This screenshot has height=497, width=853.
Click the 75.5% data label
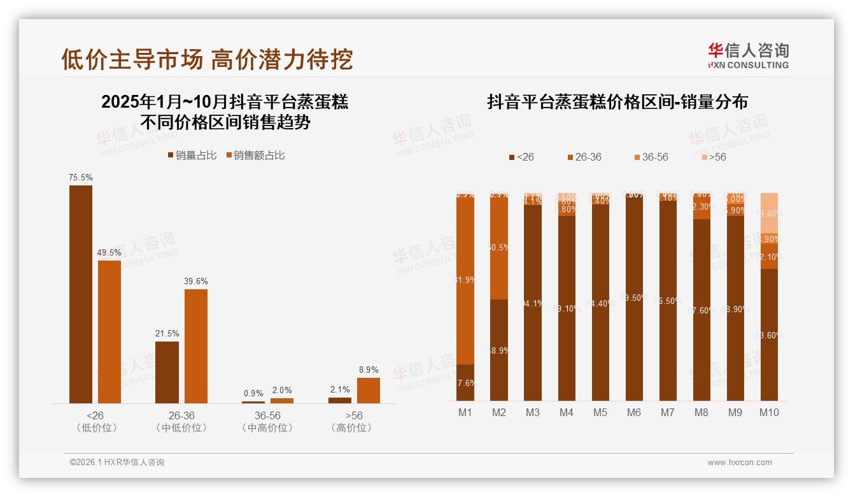pos(81,178)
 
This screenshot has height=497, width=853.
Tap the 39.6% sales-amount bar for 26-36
pos(196,346)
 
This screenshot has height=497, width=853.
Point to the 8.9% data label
pos(368,370)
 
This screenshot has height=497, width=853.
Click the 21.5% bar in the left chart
pos(167,372)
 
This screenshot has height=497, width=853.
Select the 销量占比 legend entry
pos(192,155)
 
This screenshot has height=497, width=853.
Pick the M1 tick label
pos(465,412)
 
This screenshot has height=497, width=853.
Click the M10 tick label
pos(769,412)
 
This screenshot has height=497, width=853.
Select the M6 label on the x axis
pos(633,412)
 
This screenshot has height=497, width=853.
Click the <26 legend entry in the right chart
pos(521,157)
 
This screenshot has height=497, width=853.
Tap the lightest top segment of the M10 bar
pos(769,213)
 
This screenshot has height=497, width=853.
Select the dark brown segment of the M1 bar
pos(465,382)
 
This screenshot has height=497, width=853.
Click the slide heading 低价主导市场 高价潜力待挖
pos(207,59)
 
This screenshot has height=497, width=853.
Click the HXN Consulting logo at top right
pos(748,55)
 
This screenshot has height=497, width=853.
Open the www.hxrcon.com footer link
pos(739,463)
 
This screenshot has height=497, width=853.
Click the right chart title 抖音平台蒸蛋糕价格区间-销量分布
pos(617,102)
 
